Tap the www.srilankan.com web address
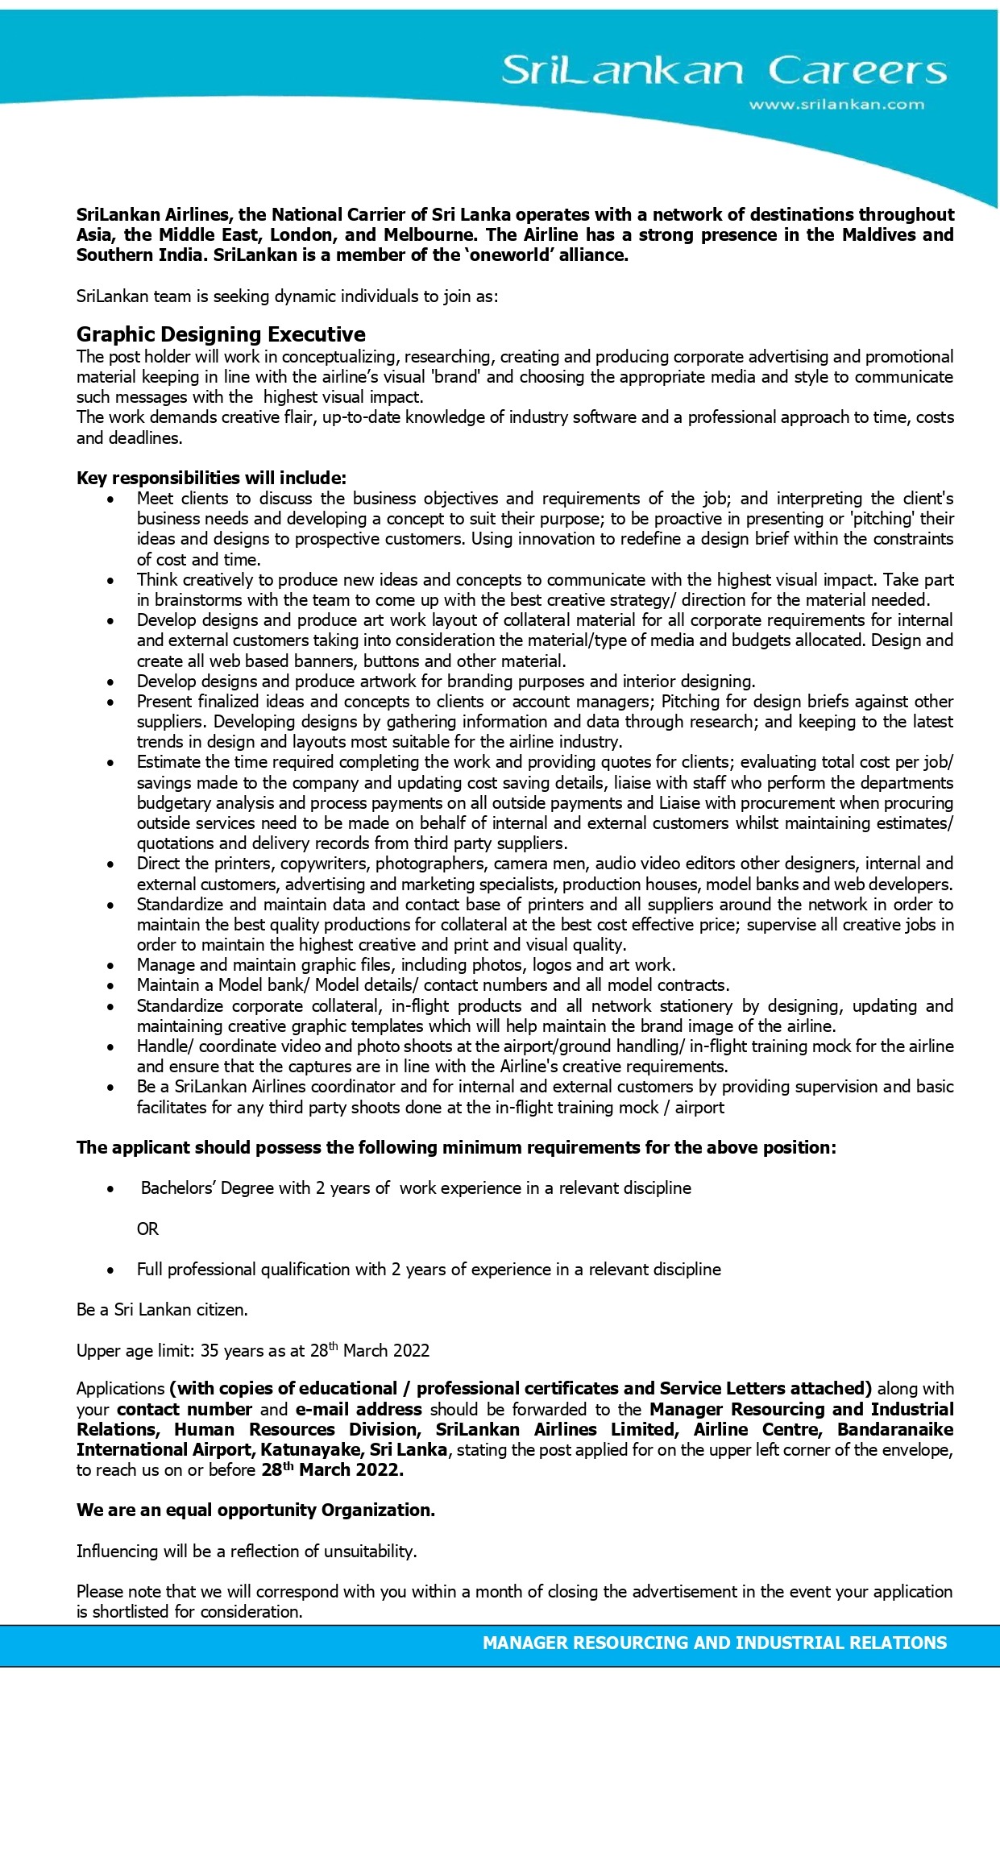(x=836, y=104)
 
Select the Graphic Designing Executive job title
(x=221, y=334)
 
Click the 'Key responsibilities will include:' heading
(x=211, y=478)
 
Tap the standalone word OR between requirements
(x=147, y=1229)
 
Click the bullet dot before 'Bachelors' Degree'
(x=111, y=1189)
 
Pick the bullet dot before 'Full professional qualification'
(x=111, y=1270)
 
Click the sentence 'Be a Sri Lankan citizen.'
(x=162, y=1310)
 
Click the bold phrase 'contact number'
(x=185, y=1410)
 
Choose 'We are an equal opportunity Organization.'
(x=255, y=1510)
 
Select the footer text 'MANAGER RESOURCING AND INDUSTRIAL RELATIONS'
(x=714, y=1643)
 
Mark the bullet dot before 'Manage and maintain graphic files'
(x=111, y=966)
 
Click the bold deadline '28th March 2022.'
(x=332, y=1470)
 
